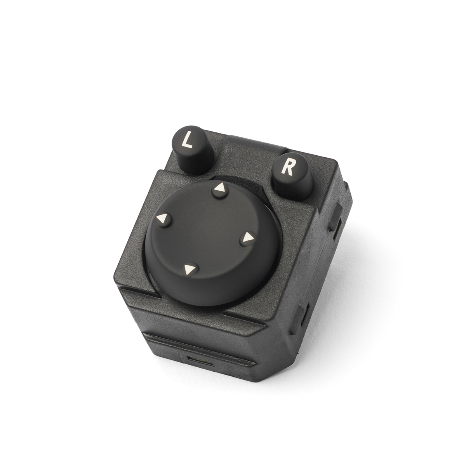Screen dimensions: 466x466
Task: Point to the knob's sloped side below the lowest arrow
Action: [205, 290]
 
